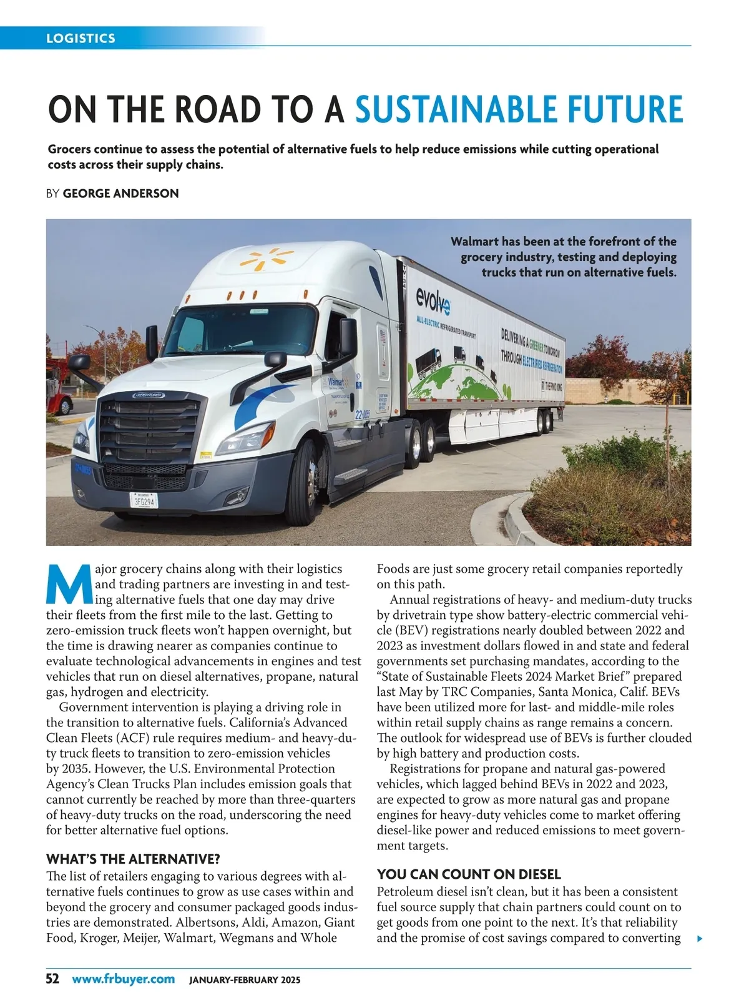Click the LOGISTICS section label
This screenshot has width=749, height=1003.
(81, 38)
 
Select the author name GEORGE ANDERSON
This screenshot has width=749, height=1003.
(121, 194)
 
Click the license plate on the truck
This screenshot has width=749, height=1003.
(144, 500)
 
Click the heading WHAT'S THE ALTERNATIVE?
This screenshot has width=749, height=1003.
(133, 859)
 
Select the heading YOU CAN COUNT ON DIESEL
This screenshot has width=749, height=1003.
(469, 874)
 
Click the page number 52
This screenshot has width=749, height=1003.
(52, 979)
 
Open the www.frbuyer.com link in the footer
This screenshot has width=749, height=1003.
(123, 979)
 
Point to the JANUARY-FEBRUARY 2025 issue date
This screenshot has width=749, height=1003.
(244, 980)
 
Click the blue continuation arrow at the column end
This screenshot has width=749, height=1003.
(700, 938)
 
